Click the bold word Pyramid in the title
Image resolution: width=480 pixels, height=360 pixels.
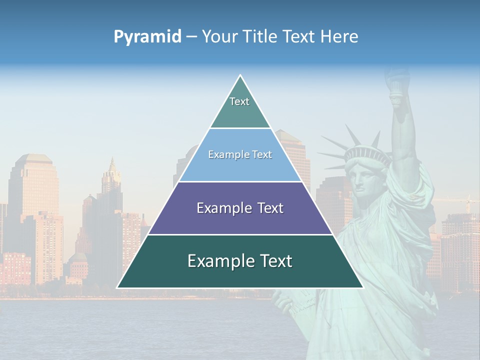[147, 37]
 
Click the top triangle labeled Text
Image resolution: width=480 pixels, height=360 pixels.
[240, 107]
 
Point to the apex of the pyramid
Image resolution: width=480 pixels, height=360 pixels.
[240, 75]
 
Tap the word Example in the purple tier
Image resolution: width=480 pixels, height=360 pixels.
[219, 208]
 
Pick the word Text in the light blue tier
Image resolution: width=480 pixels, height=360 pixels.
[262, 154]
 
